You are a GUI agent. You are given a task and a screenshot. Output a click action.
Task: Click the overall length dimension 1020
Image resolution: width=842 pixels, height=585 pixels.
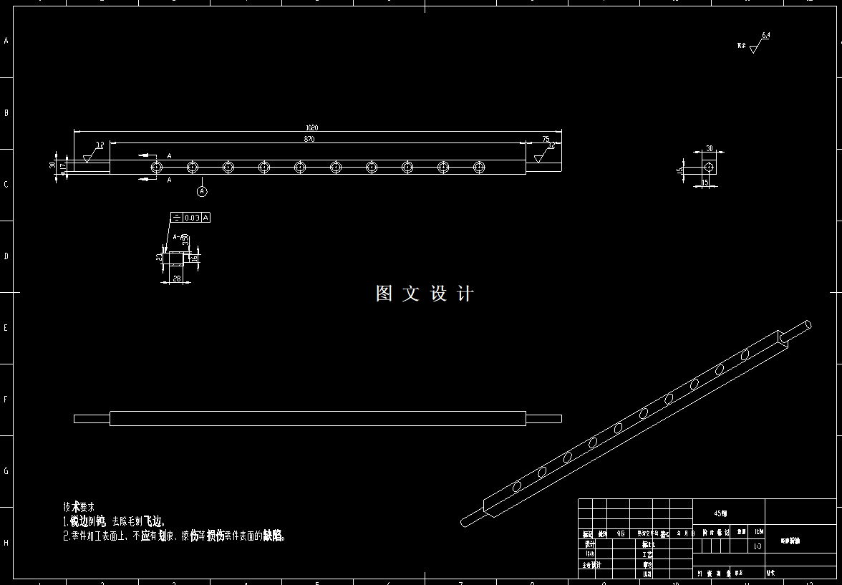311,127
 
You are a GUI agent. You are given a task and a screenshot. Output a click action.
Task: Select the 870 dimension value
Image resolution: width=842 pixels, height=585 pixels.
309,139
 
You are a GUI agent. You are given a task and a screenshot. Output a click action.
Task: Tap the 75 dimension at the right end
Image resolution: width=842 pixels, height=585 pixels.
546,139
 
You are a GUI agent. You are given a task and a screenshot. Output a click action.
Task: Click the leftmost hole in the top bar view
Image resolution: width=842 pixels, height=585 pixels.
156,167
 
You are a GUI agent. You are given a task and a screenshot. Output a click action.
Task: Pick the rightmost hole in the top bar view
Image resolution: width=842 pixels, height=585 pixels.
479,167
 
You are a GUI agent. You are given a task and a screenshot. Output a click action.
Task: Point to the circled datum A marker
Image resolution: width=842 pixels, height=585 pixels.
202,191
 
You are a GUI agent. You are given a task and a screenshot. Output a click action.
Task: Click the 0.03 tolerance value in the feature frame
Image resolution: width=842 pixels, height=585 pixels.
192,217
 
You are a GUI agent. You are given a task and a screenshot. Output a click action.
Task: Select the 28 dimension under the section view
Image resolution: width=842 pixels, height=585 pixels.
177,279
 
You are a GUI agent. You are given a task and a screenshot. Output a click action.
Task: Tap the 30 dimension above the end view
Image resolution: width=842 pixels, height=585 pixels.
710,148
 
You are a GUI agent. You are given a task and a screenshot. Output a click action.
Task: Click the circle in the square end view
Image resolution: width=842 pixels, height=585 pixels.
709,167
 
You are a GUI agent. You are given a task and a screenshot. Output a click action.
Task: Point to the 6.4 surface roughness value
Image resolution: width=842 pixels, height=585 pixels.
766,35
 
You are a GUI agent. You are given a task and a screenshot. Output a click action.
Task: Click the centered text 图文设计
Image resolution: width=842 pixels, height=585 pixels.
425,294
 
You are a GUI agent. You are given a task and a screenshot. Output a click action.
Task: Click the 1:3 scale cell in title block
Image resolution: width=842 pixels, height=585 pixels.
758,546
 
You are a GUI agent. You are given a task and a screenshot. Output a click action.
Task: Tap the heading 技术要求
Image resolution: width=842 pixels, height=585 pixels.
78,506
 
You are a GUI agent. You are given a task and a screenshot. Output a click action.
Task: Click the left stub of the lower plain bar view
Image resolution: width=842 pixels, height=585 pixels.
92,419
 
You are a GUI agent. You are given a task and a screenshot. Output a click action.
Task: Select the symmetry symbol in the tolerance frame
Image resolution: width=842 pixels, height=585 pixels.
176,217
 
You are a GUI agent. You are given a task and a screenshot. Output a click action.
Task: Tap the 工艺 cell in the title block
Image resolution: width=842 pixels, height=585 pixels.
647,554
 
